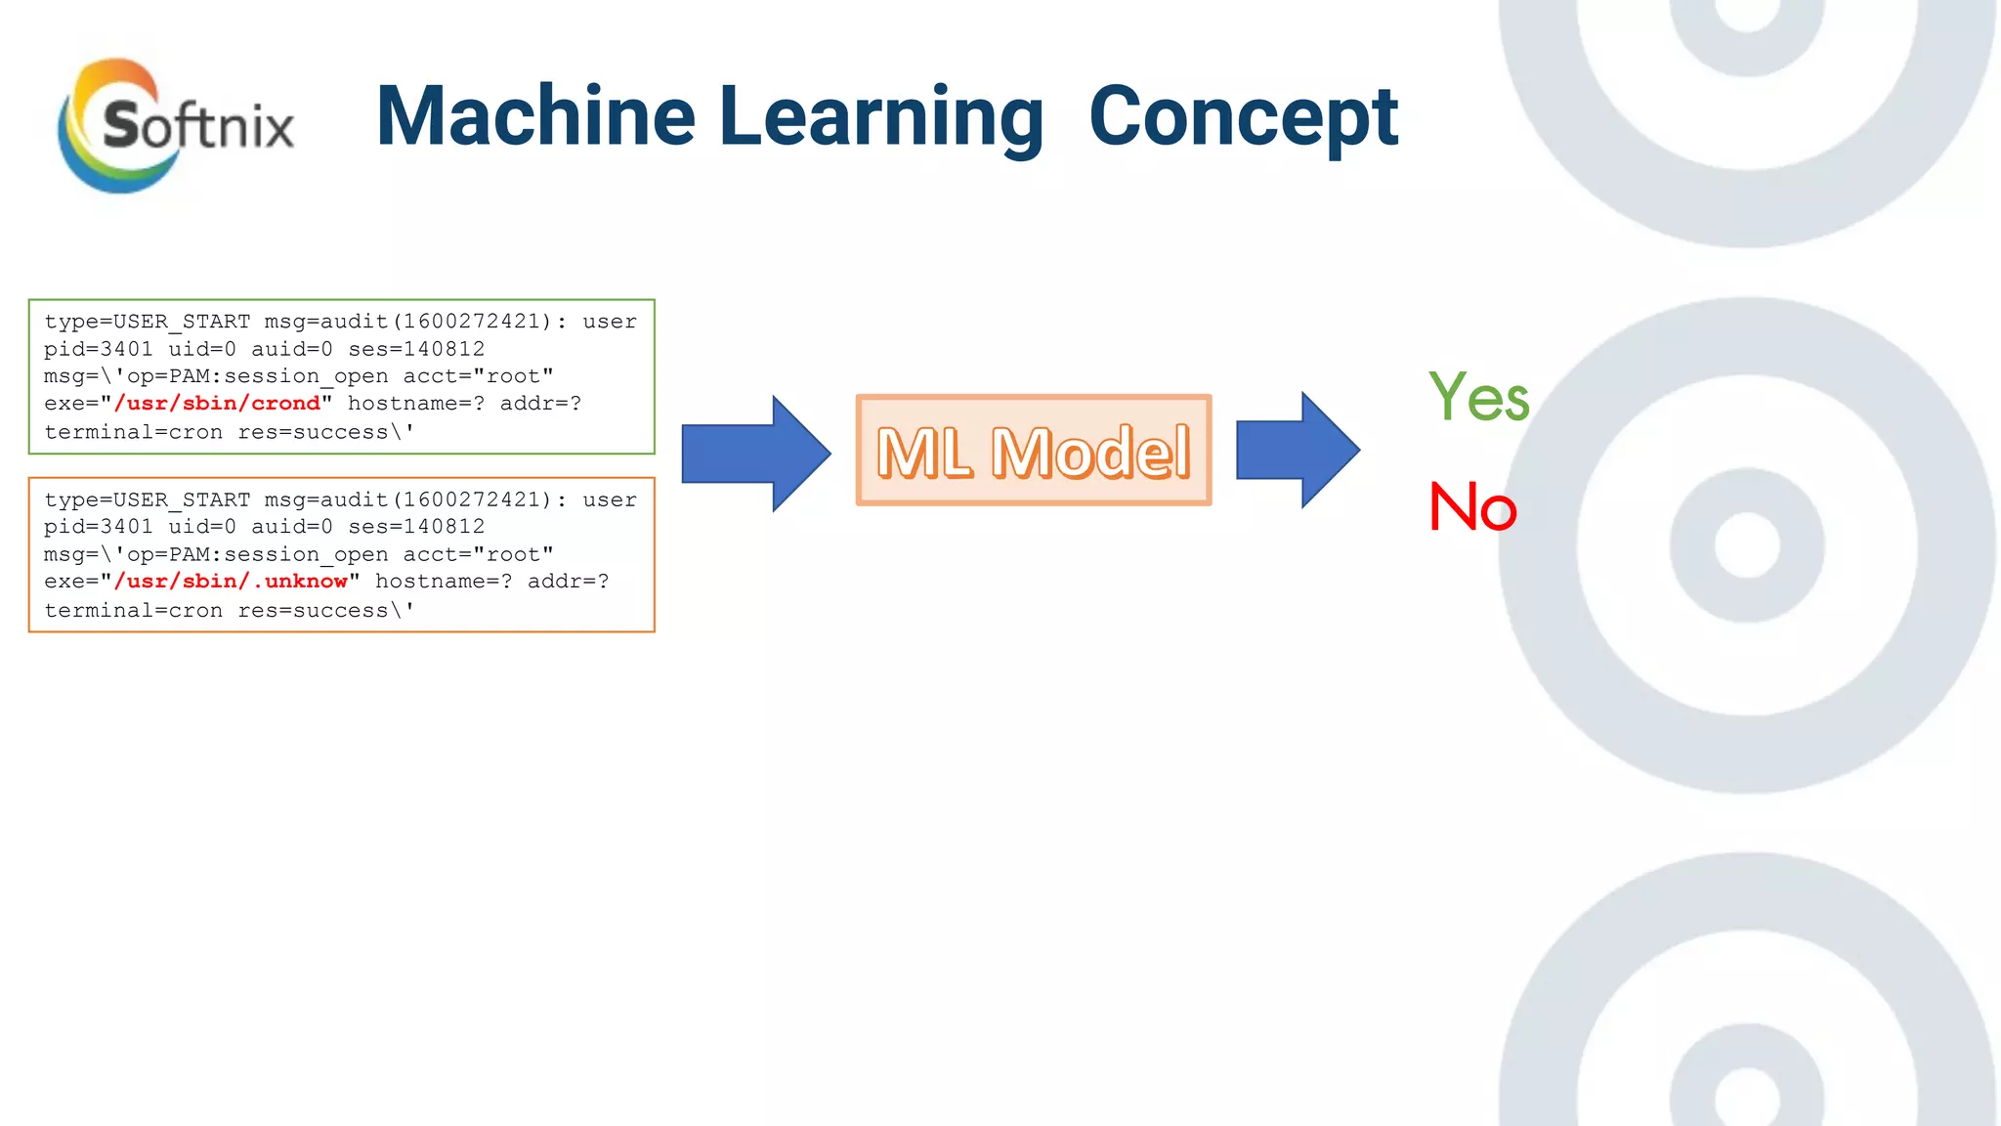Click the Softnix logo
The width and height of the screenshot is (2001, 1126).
coord(176,125)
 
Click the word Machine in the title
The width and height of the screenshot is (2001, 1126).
coord(535,117)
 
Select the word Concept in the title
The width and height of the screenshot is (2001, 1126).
coord(1243,117)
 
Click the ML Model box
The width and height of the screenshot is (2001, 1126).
coord(1034,451)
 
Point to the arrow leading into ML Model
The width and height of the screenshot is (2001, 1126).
coord(755,454)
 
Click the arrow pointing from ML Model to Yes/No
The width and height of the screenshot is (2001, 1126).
coord(1297,450)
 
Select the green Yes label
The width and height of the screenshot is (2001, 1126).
coord(1478,397)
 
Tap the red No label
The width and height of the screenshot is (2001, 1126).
coord(1472,507)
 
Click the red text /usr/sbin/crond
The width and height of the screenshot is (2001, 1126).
coord(217,404)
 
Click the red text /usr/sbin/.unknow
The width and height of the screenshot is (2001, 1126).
coord(231,582)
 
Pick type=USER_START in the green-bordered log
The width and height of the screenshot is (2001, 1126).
coord(147,322)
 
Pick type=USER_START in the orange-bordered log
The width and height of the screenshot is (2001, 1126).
coord(147,499)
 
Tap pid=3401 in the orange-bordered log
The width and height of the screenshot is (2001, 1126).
coord(98,527)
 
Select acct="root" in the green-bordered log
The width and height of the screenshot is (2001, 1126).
coord(478,376)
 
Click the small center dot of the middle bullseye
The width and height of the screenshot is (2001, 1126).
coord(1747,545)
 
